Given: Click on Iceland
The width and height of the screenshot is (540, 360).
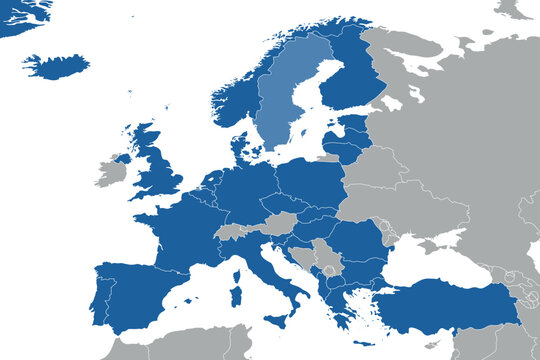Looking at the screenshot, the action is (55, 67).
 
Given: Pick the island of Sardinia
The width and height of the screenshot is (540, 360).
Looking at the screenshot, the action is (236, 296).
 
